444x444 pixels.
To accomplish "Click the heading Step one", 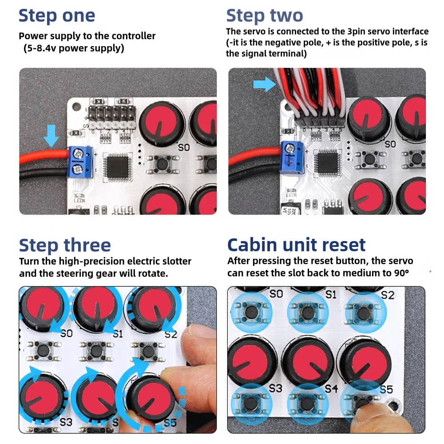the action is click(x=57, y=16).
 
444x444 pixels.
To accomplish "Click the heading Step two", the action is click(x=265, y=16).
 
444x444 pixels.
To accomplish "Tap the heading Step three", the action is click(x=65, y=245).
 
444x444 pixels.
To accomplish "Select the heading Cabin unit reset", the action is click(x=296, y=245).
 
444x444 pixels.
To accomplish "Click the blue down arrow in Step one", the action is click(x=51, y=136).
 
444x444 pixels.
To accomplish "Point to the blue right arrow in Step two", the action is click(x=265, y=84).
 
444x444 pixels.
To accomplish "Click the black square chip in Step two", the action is click(x=328, y=163).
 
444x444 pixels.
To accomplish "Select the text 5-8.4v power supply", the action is click(x=74, y=48).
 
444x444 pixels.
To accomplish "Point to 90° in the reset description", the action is click(x=401, y=273).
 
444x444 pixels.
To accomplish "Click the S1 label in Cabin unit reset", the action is click(x=331, y=294).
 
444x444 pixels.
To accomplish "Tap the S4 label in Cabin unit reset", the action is click(x=331, y=388).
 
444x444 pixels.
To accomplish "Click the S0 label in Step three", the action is click(x=67, y=333).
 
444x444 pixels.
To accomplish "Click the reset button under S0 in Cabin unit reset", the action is click(x=251, y=313).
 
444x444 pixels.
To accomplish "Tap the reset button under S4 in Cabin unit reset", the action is click(x=308, y=404).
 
